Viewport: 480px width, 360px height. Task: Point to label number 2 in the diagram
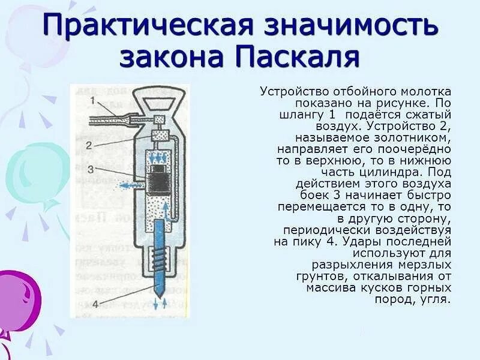pos(88,145)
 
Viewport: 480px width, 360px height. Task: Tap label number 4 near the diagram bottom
pos(95,303)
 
